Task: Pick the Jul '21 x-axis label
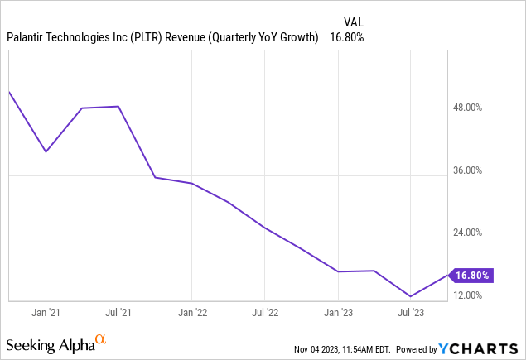click(118, 312)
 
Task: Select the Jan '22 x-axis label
click(191, 312)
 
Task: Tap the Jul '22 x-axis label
click(264, 312)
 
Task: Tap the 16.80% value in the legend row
click(347, 37)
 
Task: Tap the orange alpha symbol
click(100, 339)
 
